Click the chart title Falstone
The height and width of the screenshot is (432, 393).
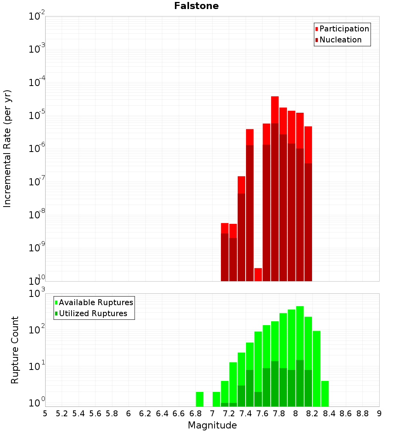coord(196,6)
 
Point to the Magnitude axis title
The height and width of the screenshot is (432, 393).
coord(212,425)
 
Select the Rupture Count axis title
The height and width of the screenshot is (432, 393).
coord(15,350)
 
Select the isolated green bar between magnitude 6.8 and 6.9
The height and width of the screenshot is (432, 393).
coord(200,399)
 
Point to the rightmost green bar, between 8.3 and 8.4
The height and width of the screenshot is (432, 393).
coord(325,394)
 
